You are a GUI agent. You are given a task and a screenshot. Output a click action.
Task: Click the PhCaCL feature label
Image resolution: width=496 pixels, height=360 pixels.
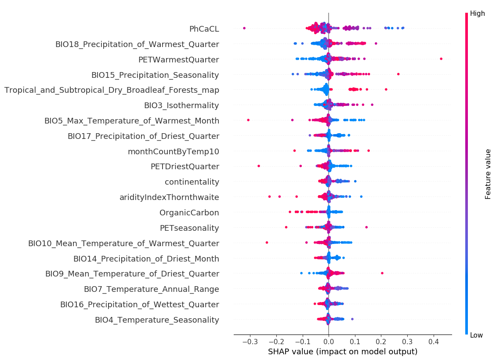tap(204, 29)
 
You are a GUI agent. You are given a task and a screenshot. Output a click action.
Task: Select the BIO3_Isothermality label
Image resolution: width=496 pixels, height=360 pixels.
tap(181, 105)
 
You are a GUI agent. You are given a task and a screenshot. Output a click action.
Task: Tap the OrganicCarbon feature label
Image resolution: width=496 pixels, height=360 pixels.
tap(189, 213)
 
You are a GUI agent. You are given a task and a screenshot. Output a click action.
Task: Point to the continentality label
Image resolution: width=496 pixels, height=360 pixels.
tap(192, 182)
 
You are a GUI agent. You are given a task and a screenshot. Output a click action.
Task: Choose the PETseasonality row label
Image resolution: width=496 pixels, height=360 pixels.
tap(189, 228)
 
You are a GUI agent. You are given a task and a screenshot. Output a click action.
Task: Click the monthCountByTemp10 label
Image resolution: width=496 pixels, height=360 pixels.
tap(173, 152)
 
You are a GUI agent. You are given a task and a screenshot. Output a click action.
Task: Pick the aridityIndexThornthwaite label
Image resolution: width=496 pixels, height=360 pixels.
tap(169, 197)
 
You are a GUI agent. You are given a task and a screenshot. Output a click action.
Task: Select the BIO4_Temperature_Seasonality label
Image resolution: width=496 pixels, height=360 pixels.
tap(157, 320)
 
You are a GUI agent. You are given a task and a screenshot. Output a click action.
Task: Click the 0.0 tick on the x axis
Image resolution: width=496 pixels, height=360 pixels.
tap(329, 342)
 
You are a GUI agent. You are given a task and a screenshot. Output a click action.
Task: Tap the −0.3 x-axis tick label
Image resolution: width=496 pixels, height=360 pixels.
tap(249, 342)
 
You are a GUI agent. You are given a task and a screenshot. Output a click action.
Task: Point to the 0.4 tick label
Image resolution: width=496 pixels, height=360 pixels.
tap(434, 342)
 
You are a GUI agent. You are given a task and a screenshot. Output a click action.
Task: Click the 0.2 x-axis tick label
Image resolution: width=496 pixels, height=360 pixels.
tap(381, 342)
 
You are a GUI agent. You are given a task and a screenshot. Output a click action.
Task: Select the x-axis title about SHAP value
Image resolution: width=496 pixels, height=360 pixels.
tap(343, 352)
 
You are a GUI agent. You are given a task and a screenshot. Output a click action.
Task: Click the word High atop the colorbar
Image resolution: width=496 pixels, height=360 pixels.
tap(478, 14)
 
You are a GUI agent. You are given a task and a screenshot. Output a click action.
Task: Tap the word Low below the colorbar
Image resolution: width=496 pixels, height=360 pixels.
tap(476, 335)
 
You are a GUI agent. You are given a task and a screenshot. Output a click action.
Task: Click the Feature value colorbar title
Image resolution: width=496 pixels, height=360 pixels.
tap(488, 174)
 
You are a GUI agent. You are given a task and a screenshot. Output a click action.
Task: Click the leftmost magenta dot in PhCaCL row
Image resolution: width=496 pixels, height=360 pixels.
tap(244, 28)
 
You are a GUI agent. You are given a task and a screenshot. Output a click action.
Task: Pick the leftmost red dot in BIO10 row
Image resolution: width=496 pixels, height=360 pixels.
tap(267, 242)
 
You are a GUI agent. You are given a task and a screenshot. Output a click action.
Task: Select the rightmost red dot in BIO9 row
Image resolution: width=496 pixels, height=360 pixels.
tap(382, 273)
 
